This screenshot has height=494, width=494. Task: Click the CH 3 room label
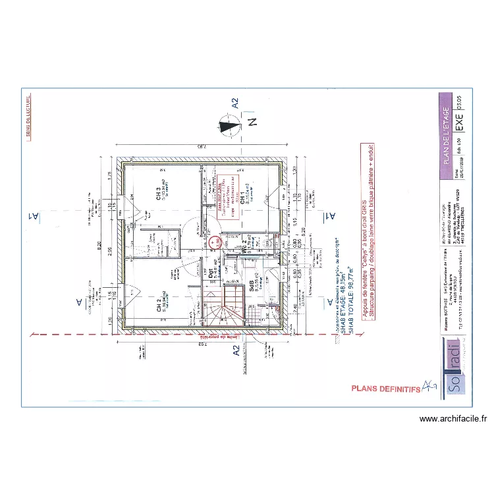coord(159,189)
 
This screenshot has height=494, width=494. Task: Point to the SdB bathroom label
coord(252,284)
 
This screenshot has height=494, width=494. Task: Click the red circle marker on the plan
coord(215,242)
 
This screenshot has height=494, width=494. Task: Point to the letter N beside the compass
coord(252,123)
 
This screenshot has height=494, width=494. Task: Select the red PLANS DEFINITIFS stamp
coord(386,389)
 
